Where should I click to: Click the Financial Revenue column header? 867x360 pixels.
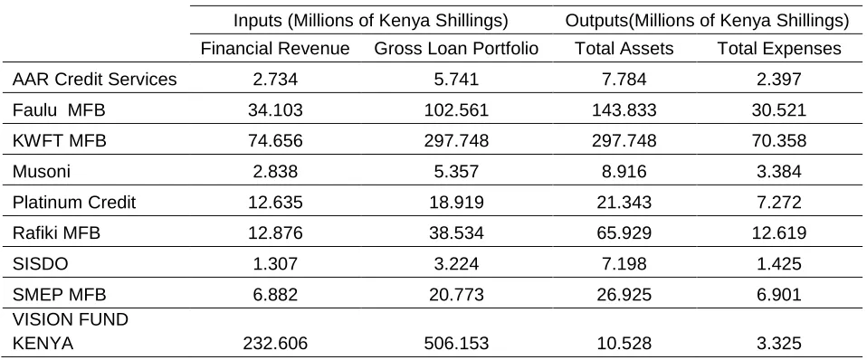275,49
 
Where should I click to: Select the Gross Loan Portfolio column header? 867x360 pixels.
456,49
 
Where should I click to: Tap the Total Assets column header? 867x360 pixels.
624,49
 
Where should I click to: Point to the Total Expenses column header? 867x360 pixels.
779,49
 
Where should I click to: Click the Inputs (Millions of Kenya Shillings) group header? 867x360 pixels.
370,21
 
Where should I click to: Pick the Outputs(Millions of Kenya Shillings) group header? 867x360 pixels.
707,21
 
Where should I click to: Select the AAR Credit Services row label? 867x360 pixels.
94,79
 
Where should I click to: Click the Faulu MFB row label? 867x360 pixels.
59,110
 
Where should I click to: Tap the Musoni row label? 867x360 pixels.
42,172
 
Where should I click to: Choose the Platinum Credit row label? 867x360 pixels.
73,203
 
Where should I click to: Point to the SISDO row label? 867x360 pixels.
40,264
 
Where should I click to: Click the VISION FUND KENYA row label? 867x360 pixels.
71,331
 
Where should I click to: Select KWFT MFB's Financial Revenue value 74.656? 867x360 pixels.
275,141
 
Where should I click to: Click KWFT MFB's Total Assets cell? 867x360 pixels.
624,141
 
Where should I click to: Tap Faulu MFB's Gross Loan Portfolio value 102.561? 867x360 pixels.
456,110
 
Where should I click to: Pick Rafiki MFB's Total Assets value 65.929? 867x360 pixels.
624,233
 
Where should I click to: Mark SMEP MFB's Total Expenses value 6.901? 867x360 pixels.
779,295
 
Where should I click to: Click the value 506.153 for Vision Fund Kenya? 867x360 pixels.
456,344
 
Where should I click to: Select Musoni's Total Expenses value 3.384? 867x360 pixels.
779,172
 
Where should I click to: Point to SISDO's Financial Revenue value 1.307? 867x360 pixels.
275,264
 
